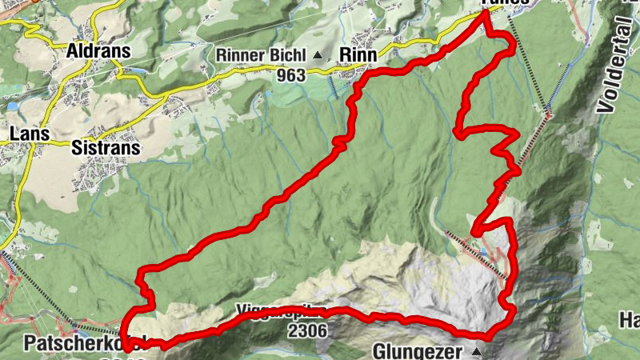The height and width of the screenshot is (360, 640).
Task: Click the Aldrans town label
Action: tap(98, 50)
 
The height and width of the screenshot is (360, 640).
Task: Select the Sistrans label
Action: tap(106, 148)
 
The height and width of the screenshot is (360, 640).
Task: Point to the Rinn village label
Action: tap(358, 54)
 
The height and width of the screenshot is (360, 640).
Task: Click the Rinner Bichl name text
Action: tap(263, 55)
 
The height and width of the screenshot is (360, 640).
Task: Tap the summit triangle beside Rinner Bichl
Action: tap(318, 55)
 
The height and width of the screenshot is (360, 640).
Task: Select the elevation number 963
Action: tap(292, 77)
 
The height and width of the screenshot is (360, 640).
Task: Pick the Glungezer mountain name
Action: tap(421, 351)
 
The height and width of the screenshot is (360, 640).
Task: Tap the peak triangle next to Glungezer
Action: tap(478, 352)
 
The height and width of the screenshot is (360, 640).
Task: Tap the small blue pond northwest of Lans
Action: tap(11, 106)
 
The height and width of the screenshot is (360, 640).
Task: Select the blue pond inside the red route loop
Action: tap(482, 251)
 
